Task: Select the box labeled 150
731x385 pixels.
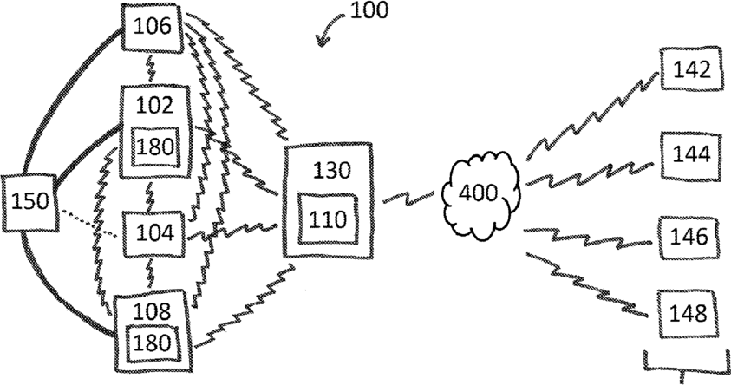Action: [x=26, y=202]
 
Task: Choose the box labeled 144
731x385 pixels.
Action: [x=691, y=155]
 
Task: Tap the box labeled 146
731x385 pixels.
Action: [x=691, y=235]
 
